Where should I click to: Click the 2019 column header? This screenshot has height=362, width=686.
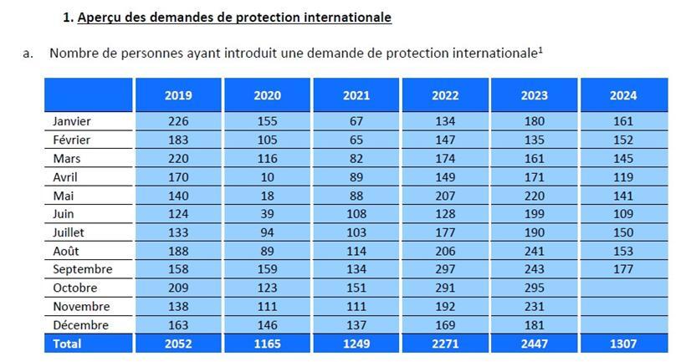coord(178,95)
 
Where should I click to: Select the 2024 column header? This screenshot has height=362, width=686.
coord(623,95)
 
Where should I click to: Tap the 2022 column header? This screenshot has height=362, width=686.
coord(445,95)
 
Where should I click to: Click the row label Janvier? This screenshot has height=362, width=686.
coord(71,121)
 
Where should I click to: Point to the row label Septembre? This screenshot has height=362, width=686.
coord(82,269)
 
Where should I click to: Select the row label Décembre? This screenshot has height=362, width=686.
coord(80,324)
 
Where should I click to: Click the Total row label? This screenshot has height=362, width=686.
coord(67,344)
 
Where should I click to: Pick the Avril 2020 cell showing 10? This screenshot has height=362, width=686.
coord(267,176)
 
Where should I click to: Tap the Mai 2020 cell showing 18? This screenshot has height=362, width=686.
coord(267,195)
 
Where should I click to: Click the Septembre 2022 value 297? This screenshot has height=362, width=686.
coord(445,269)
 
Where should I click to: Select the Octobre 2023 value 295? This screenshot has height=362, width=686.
coord(535,288)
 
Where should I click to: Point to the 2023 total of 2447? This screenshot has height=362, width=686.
coord(535,344)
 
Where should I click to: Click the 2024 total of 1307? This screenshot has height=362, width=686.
coord(623,344)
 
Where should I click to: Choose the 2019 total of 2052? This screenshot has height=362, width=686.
coord(178,344)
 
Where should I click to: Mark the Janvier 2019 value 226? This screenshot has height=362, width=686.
coord(178,121)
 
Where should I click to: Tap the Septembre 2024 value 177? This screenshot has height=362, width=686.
coord(623,269)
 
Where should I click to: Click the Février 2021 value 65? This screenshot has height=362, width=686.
coord(356,140)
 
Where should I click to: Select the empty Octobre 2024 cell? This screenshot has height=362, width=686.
coord(623,288)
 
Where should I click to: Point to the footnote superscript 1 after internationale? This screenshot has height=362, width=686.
coord(540,49)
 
